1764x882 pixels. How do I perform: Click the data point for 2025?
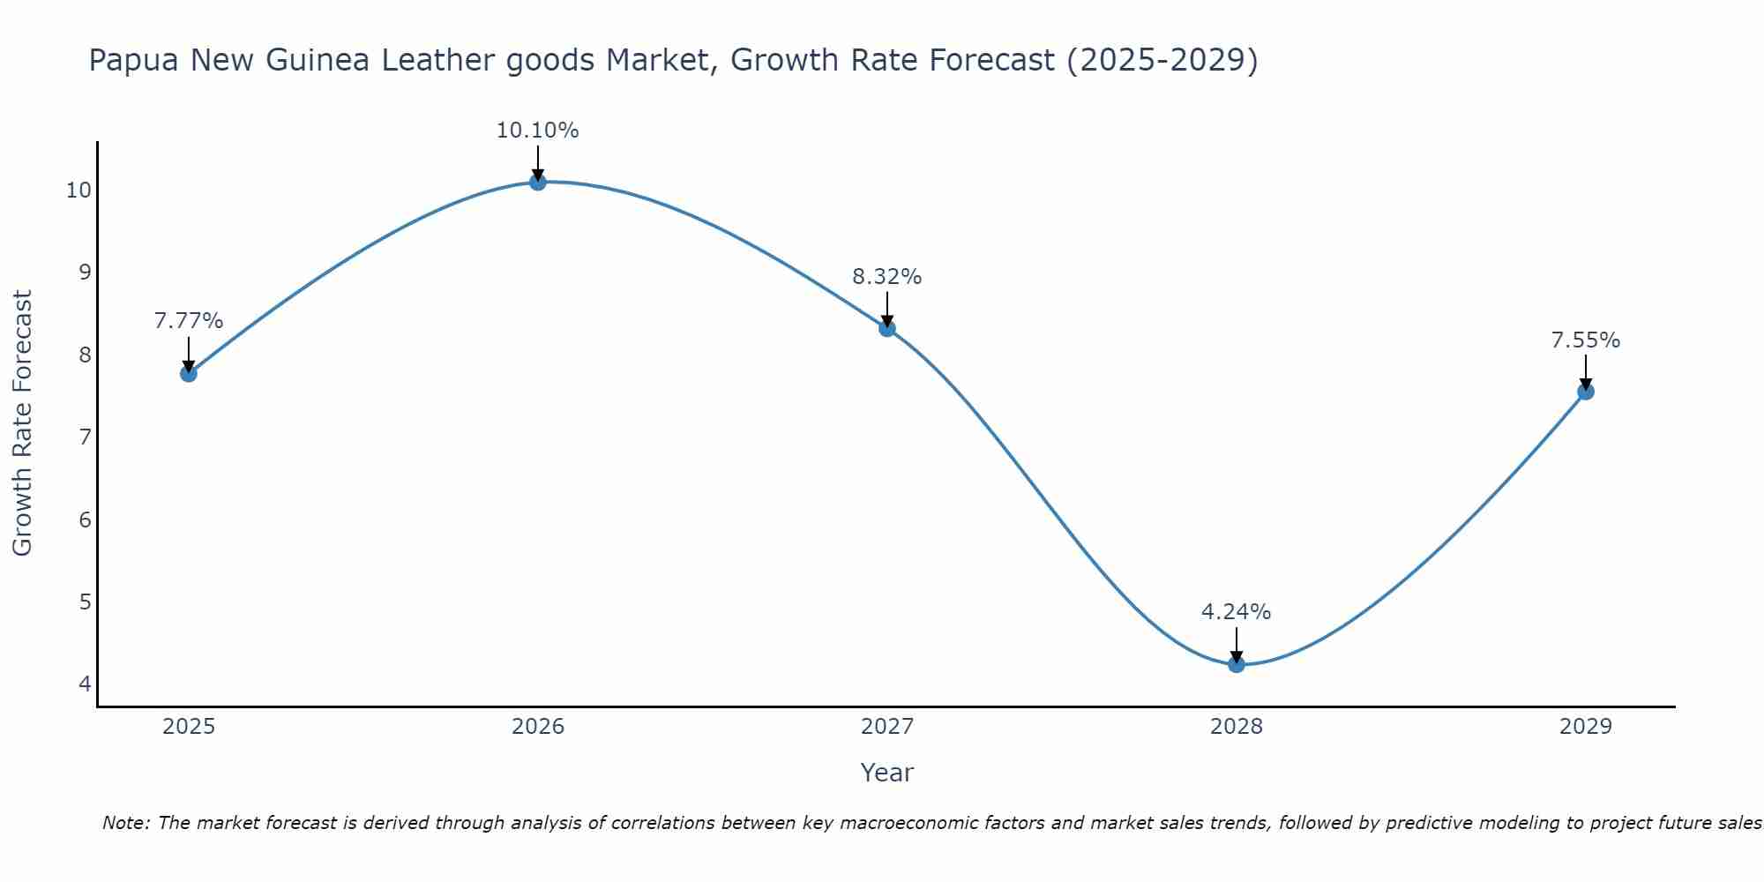click(x=188, y=373)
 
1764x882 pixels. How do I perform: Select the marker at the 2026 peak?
click(x=537, y=182)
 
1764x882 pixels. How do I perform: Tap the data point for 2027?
click(x=886, y=329)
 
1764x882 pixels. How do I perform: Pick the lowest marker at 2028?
click(x=1236, y=664)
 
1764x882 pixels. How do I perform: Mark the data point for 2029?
click(x=1585, y=392)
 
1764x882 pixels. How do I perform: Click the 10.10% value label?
click(x=537, y=131)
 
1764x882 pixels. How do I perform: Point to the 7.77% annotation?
click(x=188, y=321)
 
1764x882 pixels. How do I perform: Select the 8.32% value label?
click(x=886, y=277)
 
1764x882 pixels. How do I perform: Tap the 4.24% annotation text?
click(x=1236, y=612)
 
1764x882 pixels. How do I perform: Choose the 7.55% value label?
click(x=1585, y=340)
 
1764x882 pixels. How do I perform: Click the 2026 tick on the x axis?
click(x=538, y=727)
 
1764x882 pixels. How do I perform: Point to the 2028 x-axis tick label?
click(x=1236, y=727)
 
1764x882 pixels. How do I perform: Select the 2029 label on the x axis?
click(x=1585, y=727)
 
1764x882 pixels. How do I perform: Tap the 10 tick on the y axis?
click(x=78, y=191)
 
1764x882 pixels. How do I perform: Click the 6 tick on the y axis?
click(x=85, y=519)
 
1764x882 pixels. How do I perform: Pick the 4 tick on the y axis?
click(x=85, y=684)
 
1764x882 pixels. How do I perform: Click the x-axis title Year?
click(x=886, y=773)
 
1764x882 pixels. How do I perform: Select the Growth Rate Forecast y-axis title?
click(x=23, y=423)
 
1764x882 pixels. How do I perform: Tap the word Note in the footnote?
click(x=127, y=823)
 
